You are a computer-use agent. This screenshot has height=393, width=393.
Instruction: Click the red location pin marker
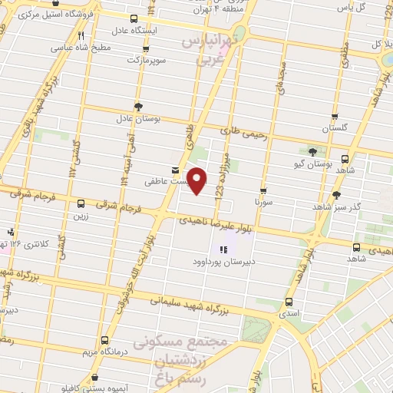coord(197,180)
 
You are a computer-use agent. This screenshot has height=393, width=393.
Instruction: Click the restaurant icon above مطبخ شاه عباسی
coord(81,35)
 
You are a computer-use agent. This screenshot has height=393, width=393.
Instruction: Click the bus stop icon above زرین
coord(81,203)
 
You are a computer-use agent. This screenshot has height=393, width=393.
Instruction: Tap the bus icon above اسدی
coord(289,302)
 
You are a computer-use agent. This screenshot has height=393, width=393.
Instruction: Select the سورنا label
coord(263,202)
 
